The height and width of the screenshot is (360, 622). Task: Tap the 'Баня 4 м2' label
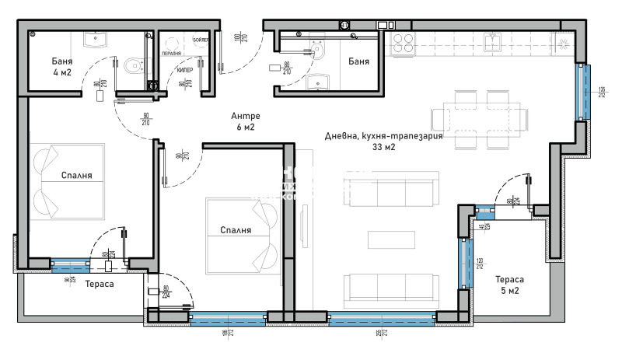(66, 67)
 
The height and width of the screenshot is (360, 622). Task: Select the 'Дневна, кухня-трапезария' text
(383, 135)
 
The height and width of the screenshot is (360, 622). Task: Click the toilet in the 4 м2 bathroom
(134, 65)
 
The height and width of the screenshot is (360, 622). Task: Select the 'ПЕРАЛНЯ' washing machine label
(172, 54)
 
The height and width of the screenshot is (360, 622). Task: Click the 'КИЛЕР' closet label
(184, 70)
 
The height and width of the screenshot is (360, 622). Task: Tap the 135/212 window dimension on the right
(601, 93)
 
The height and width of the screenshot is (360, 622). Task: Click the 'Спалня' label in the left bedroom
(77, 175)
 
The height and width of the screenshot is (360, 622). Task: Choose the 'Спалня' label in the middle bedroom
(235, 230)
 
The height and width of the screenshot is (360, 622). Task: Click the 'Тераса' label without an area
(100, 285)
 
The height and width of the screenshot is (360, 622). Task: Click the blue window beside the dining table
(582, 92)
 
